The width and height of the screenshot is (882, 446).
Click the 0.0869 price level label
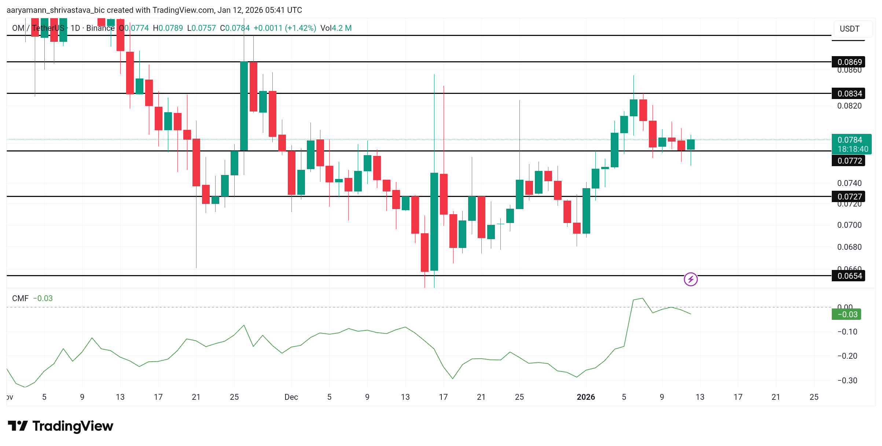(849, 62)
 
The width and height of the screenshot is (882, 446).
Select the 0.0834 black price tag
(849, 94)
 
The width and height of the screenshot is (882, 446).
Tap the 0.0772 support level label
(849, 161)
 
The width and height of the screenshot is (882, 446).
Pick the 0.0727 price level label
(849, 197)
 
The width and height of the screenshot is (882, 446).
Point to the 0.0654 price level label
(849, 276)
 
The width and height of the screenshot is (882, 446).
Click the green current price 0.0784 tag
(851, 144)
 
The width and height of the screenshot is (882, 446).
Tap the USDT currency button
(849, 29)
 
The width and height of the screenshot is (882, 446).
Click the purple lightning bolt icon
(691, 279)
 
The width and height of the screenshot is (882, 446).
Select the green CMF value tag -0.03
(846, 314)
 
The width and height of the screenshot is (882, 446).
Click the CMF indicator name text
(20, 298)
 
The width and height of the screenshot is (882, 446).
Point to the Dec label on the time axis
(291, 397)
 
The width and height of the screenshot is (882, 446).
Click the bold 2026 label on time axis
(586, 397)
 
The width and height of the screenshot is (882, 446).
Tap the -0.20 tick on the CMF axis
(847, 356)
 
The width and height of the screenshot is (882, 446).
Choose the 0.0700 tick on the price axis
(849, 225)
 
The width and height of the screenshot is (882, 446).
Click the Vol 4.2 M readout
(336, 28)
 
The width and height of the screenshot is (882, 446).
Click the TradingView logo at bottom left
(60, 426)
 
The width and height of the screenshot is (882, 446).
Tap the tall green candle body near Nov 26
(244, 106)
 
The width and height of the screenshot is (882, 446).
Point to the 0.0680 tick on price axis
(849, 247)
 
